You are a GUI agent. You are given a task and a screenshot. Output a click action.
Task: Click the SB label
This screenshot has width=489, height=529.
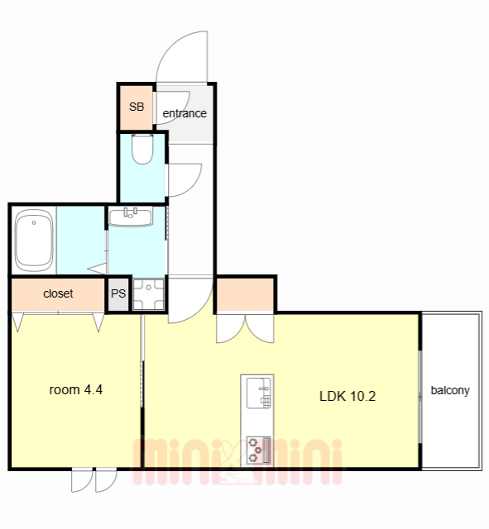(137, 107)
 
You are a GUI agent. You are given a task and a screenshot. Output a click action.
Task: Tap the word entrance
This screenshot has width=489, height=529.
(185, 113)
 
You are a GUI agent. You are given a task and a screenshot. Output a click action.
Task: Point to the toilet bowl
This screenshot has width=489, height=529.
(142, 149)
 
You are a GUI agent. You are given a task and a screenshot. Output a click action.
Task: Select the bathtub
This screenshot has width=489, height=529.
(34, 241)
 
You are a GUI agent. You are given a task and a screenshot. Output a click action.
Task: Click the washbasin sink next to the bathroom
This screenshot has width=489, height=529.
(131, 217)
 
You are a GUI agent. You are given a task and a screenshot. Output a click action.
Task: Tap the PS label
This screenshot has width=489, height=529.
(118, 293)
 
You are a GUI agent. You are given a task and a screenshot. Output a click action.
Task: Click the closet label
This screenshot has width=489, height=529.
(58, 293)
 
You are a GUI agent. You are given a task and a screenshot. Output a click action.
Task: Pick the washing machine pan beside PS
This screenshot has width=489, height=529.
(149, 294)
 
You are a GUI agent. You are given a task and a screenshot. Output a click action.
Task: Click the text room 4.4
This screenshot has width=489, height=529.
(75, 389)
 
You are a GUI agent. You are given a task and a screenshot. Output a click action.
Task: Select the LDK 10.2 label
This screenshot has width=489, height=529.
(348, 396)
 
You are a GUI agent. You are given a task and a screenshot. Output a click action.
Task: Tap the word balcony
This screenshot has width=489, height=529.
(450, 390)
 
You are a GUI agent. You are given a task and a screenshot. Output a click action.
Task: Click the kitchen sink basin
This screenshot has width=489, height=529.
(259, 393)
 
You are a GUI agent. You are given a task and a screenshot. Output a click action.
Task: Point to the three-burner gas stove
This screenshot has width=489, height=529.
(258, 450)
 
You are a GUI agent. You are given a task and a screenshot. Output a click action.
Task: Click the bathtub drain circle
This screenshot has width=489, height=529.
(34, 222)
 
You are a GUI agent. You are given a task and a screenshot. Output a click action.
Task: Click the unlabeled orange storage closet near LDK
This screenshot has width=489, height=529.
(245, 294)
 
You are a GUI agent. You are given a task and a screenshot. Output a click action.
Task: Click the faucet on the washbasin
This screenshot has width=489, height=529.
(131, 213)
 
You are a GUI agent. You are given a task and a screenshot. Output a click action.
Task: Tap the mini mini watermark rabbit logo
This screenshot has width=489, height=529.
(233, 462)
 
